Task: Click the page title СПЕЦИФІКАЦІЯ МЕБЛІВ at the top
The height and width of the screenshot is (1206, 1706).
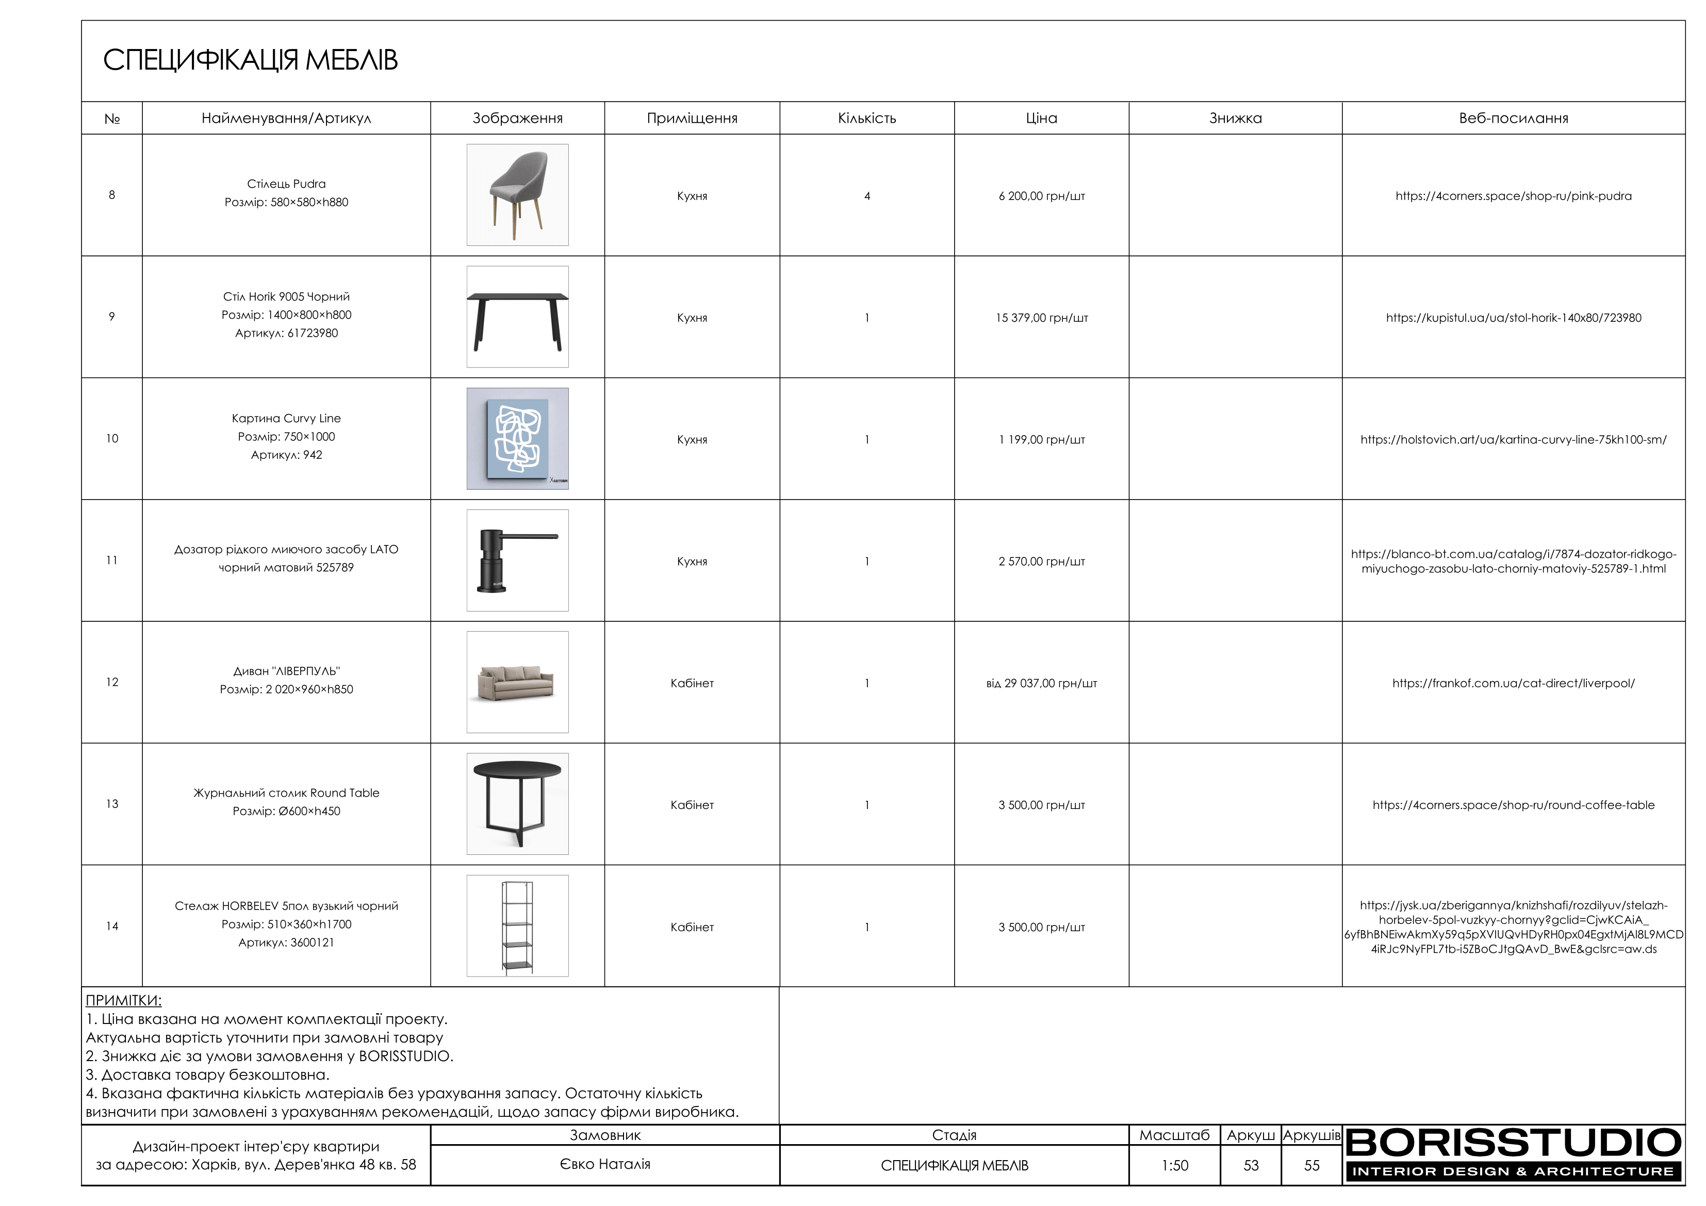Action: point(251,60)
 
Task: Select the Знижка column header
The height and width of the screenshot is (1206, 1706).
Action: point(1235,118)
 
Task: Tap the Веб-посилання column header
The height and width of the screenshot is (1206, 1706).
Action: point(1513,118)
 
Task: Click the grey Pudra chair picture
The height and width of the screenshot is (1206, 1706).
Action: point(517,195)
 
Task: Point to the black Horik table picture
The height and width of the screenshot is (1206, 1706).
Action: point(517,317)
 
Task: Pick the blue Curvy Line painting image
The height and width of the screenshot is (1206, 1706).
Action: point(517,438)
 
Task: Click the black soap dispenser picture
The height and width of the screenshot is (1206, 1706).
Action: point(517,560)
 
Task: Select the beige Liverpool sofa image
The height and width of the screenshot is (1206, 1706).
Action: point(517,682)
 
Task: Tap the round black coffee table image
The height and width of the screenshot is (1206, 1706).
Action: point(517,804)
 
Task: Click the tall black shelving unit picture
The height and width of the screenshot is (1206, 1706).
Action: point(517,926)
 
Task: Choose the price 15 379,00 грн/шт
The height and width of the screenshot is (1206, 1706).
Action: point(1041,318)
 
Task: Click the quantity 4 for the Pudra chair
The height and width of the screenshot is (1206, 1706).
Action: point(866,196)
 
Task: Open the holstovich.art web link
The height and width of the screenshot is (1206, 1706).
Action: point(1513,440)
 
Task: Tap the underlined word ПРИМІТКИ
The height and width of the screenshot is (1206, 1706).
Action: point(123,1000)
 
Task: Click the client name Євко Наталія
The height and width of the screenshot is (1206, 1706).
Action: point(605,1164)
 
